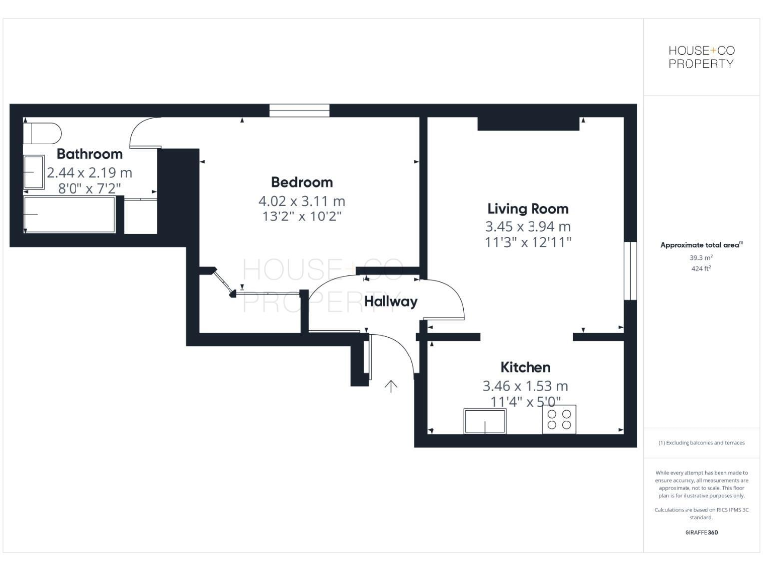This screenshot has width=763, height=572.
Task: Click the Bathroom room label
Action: click(x=89, y=154)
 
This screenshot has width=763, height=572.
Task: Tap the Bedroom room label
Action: click(x=302, y=182)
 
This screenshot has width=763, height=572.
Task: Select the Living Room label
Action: click(x=528, y=209)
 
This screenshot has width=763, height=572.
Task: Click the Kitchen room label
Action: click(x=525, y=367)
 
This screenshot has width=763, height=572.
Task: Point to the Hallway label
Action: click(x=390, y=302)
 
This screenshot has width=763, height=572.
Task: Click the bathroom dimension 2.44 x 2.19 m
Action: click(x=89, y=172)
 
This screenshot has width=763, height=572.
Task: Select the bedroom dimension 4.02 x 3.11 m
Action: click(x=302, y=200)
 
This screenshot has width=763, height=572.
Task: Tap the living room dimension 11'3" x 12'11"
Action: click(x=528, y=242)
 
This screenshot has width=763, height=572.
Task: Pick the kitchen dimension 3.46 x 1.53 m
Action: click(x=525, y=385)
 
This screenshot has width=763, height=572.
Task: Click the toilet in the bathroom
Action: click(x=42, y=133)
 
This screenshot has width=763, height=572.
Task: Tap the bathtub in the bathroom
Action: click(x=70, y=213)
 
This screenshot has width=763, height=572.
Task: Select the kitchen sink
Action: click(x=484, y=421)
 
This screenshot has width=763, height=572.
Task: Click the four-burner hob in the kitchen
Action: click(x=558, y=420)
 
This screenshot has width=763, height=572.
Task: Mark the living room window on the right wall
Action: click(x=628, y=270)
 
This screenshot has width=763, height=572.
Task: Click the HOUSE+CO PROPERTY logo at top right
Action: click(x=700, y=56)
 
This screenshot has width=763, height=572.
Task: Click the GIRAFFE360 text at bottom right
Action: click(x=701, y=533)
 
